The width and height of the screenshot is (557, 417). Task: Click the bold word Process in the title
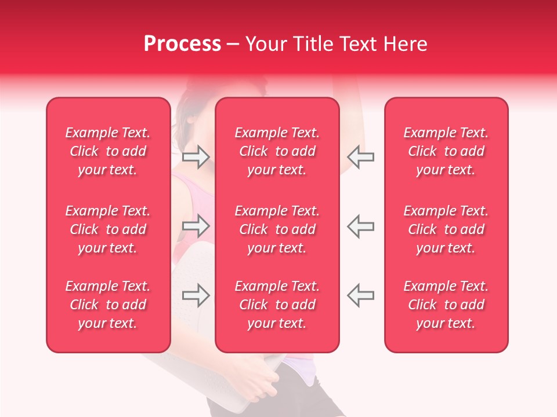(182, 44)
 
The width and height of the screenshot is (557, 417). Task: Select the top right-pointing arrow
(196, 156)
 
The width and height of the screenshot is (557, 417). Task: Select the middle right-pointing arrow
(196, 225)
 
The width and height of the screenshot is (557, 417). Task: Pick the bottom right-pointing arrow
(196, 295)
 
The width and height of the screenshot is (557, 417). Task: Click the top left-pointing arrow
(360, 156)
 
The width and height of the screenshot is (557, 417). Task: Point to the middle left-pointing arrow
(360, 225)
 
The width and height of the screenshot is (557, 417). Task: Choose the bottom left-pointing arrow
(360, 295)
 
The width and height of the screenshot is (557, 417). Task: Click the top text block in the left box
(108, 151)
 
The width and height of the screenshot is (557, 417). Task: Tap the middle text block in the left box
(108, 229)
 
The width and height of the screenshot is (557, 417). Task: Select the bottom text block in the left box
(108, 305)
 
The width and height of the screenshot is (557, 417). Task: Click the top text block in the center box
(277, 151)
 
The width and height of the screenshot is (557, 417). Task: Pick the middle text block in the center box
(277, 229)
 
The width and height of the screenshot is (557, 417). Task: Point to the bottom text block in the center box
(277, 305)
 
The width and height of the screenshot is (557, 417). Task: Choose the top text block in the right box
(446, 151)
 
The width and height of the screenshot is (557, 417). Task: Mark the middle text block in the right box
(446, 229)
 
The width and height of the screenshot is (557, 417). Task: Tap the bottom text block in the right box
(446, 305)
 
